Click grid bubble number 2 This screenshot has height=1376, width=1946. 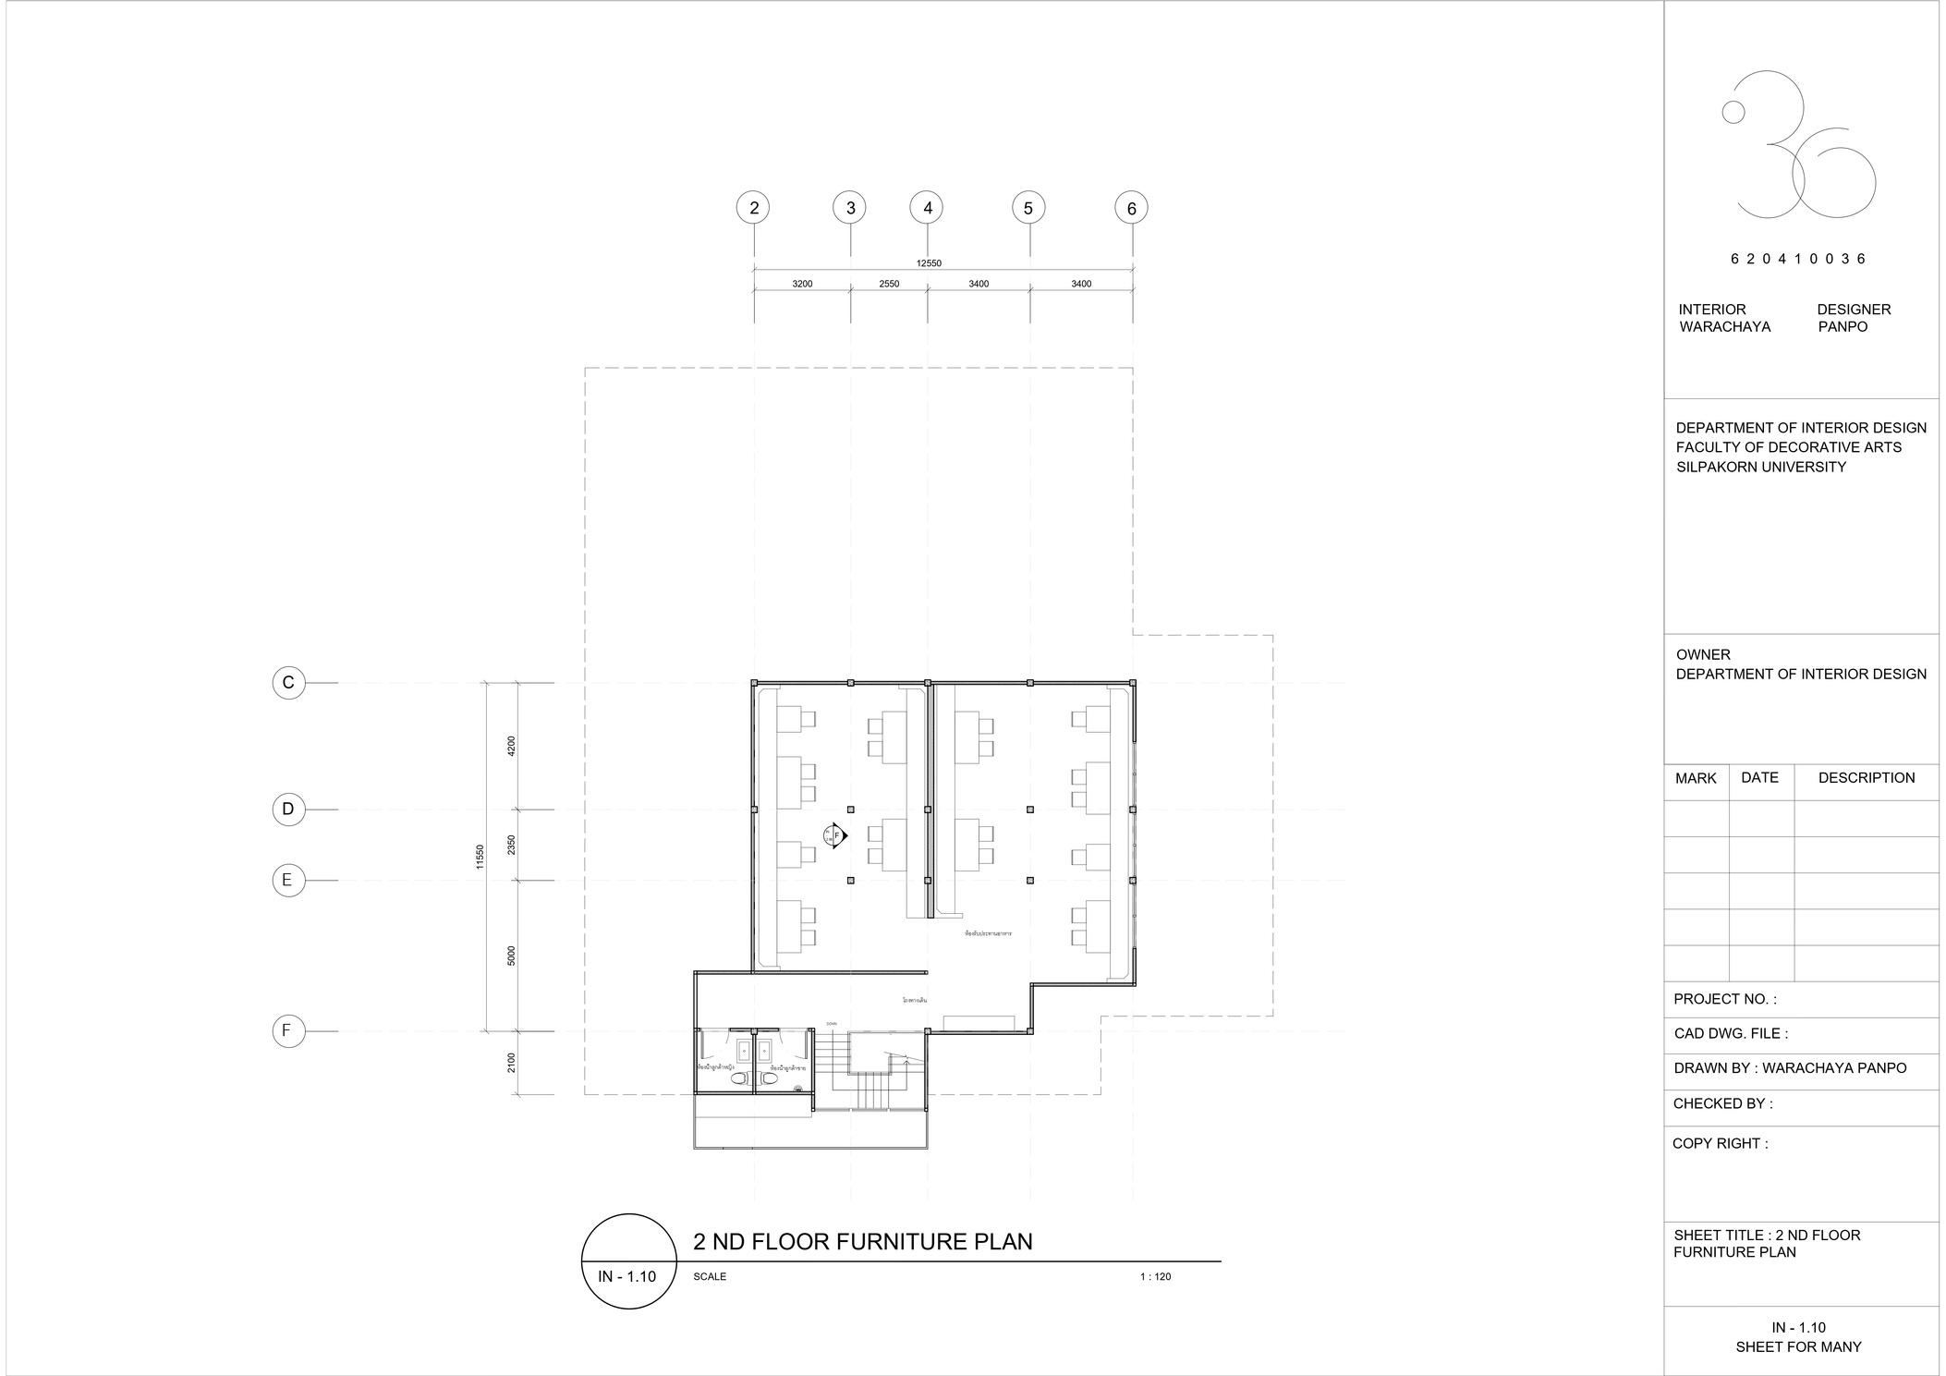click(x=754, y=208)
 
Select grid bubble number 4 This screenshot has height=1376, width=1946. click(x=927, y=208)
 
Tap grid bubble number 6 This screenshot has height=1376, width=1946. click(x=1131, y=208)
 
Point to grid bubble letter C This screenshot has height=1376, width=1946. click(x=288, y=683)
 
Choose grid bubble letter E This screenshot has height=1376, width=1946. click(x=288, y=880)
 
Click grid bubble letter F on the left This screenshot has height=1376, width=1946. click(x=288, y=1030)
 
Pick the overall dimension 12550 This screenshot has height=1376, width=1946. click(x=929, y=263)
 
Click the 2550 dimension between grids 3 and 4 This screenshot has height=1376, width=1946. click(x=889, y=284)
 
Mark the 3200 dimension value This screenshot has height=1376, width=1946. click(x=802, y=284)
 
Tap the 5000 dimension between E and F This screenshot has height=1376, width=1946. click(x=511, y=956)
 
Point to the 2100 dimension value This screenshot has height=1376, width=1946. click(x=511, y=1063)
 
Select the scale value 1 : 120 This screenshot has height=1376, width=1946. click(x=1155, y=1276)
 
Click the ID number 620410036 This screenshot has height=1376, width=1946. click(x=1798, y=259)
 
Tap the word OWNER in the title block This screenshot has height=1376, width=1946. click(x=1703, y=654)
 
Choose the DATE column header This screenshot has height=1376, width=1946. click(x=1759, y=777)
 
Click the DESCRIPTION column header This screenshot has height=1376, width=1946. click(x=1867, y=777)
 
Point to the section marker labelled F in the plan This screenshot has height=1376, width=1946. click(x=836, y=835)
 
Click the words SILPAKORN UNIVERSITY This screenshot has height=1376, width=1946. click(x=1761, y=467)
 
